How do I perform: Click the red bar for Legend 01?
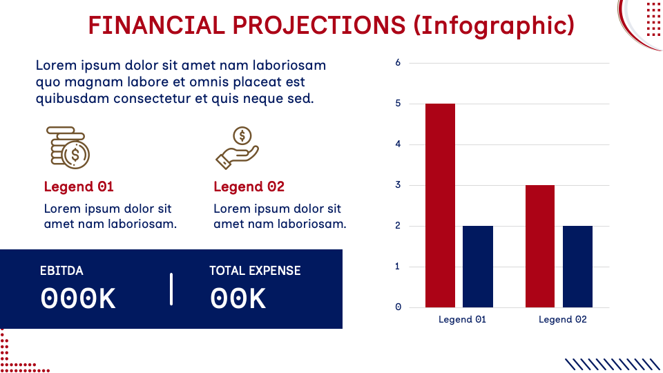tap(440, 205)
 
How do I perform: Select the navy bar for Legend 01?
tap(478, 267)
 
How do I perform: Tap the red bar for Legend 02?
tap(539, 246)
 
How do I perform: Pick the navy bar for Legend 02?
tap(577, 267)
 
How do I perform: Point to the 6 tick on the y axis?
tap(398, 63)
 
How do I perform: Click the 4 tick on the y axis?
tap(398, 144)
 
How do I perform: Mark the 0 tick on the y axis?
tap(398, 307)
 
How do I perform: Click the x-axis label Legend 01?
tap(462, 320)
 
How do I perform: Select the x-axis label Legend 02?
tap(562, 320)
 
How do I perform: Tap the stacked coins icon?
tap(68, 147)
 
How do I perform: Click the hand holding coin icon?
tap(237, 148)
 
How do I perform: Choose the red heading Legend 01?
tap(79, 186)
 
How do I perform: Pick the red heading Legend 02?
tap(249, 186)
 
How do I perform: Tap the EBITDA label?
tap(61, 271)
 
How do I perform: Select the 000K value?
tap(78, 298)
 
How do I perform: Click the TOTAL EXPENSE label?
tap(255, 271)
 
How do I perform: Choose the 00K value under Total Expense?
tap(238, 298)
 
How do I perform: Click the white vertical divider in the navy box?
tap(171, 289)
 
